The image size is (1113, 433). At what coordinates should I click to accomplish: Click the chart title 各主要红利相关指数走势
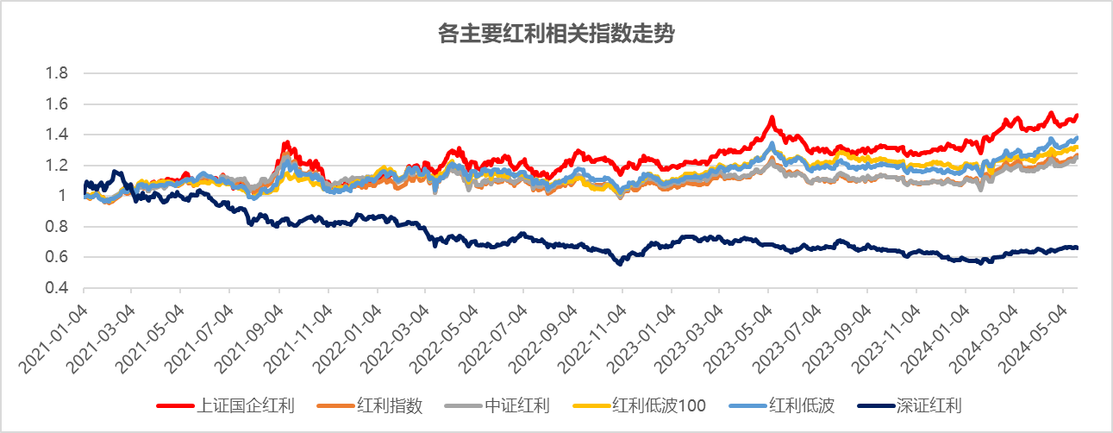tap(556, 35)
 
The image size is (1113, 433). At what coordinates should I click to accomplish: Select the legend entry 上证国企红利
tap(246, 405)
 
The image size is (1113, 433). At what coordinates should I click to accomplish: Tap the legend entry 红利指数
tap(390, 405)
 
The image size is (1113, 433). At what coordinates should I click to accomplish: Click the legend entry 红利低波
tap(802, 405)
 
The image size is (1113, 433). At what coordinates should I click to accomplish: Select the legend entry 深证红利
tap(929, 405)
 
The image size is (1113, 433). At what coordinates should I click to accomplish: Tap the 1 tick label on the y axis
tap(61, 196)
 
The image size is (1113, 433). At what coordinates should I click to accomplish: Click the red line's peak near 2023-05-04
tap(772, 116)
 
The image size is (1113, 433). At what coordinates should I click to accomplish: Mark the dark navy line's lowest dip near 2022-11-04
tap(619, 263)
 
